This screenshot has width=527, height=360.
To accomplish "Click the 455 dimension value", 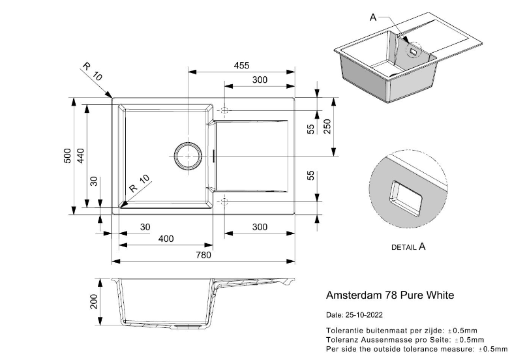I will point(241,65).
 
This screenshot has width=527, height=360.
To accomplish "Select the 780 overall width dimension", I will point(204,255).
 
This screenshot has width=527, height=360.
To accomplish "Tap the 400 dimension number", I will point(166,239).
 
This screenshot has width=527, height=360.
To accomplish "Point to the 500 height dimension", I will point(67,156).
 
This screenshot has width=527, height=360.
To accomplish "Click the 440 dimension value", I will point(82,156).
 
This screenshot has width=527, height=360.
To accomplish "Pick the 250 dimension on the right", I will point(327,126).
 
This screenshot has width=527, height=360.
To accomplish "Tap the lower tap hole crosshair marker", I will point(224,201).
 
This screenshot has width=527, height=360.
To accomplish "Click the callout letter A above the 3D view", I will point(374,18).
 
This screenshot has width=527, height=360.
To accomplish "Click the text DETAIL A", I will point(408,247).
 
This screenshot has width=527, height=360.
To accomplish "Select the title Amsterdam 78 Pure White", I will point(389,295).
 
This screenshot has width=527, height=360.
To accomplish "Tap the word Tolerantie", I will point(346,331).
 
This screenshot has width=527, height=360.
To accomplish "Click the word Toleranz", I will point(343,340).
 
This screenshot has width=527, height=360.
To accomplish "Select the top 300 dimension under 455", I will point(260,80).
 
